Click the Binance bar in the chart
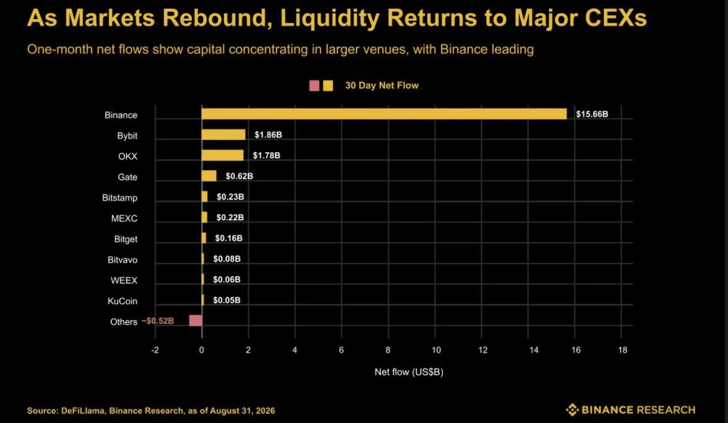[384, 114]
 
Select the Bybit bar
[223, 134]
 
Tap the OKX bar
[222, 155]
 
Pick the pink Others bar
[196, 321]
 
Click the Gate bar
[209, 176]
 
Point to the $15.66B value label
[592, 114]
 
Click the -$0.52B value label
[158, 321]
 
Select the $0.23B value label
[230, 197]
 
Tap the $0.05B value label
[227, 300]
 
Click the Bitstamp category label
[120, 198]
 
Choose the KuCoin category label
[123, 301]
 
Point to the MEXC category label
[124, 218]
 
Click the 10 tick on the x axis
[436, 350]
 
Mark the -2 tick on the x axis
[155, 350]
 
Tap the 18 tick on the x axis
[623, 350]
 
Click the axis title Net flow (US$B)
[409, 372]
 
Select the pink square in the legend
[314, 86]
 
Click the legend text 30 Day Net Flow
[382, 85]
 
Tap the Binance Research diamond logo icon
[572, 409]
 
